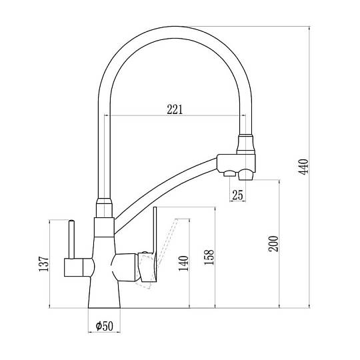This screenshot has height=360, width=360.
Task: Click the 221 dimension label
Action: pos(175,109)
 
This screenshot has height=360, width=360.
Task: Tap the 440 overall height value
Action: pos(304,167)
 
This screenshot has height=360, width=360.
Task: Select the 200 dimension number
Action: pos(273,243)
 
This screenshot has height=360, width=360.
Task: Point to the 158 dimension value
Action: pos(209,257)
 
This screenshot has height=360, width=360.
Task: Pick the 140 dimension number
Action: pos(183,263)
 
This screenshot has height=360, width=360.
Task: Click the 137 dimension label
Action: pos(43,264)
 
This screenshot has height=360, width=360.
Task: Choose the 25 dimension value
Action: pos(237,195)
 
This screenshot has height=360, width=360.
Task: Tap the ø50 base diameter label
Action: pos(105,325)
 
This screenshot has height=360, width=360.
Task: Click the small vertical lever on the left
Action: pos(71,239)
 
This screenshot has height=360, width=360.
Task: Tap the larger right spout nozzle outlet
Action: pos(245,175)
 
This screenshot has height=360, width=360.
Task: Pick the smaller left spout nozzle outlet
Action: pos(229,173)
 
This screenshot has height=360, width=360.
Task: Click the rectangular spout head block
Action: pos(236,163)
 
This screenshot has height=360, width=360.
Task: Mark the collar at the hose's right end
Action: pos(245,144)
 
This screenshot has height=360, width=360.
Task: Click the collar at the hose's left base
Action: pos(104,207)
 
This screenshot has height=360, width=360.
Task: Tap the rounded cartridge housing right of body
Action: pos(125,267)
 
